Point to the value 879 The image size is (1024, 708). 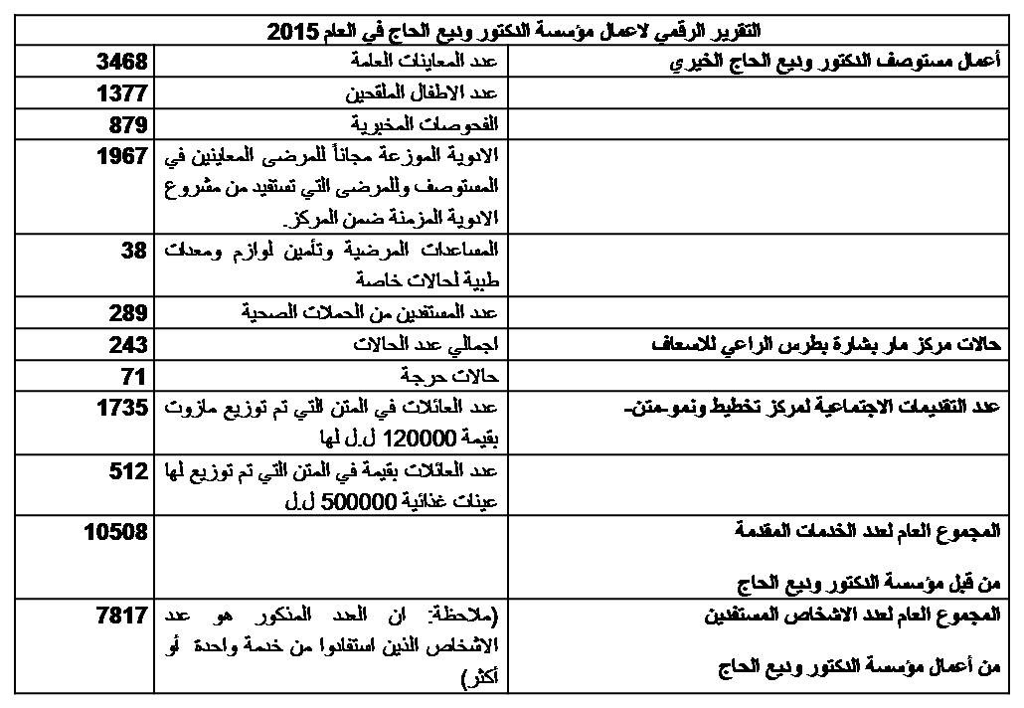coord(129,125)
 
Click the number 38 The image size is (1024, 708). coord(134,252)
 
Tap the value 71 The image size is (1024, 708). coord(134,377)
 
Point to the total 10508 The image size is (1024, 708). coord(115,533)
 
